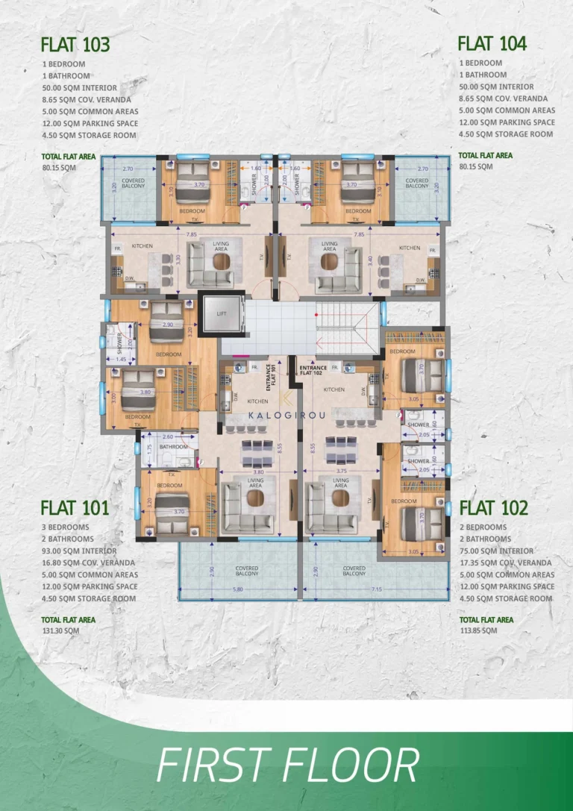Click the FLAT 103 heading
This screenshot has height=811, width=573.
point(75,45)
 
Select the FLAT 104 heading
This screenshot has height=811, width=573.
point(492,43)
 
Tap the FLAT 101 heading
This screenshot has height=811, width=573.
point(75,508)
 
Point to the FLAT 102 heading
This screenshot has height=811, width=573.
point(493,508)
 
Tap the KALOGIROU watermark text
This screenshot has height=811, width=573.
point(285,413)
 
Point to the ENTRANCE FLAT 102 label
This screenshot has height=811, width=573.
point(313,369)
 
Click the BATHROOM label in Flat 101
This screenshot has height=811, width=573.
point(173,447)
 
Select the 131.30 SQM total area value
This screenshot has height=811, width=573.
point(60,630)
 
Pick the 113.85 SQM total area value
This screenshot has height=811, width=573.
point(478,630)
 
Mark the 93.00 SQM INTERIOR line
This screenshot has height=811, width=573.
point(79,551)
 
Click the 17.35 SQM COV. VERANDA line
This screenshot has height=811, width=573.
point(506,563)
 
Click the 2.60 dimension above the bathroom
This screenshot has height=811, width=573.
point(168,436)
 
